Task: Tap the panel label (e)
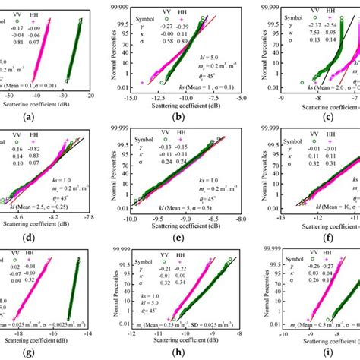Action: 182,236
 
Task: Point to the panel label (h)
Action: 182,353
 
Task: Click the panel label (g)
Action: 49,353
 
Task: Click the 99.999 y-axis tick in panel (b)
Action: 119,5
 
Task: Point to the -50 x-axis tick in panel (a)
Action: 9,97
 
